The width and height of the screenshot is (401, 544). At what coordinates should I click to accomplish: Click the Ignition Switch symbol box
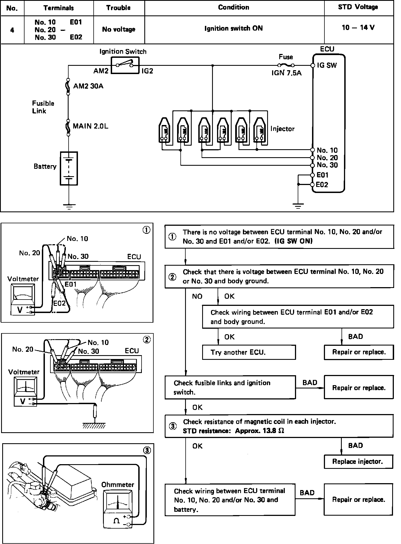click(125, 65)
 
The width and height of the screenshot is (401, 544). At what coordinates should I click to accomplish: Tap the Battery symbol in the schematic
click(69, 168)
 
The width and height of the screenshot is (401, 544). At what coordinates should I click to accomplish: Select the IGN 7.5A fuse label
click(286, 73)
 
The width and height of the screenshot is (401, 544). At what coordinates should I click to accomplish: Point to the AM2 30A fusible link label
click(88, 86)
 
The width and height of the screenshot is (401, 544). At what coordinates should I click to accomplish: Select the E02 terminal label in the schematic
click(322, 185)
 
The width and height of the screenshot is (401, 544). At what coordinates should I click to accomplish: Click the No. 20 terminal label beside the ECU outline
click(327, 158)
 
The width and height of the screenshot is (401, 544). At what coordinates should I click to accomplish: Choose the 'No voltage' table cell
click(119, 29)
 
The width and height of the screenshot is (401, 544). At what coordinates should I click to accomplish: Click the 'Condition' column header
click(234, 7)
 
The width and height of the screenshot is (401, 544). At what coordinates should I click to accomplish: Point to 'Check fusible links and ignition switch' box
click(230, 387)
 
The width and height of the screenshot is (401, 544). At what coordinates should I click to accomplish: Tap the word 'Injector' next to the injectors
click(282, 129)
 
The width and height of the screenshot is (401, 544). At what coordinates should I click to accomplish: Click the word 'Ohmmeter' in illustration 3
click(118, 485)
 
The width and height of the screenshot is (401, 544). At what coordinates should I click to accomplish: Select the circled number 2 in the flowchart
click(172, 277)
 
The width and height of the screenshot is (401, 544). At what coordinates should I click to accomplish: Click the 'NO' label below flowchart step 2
click(197, 297)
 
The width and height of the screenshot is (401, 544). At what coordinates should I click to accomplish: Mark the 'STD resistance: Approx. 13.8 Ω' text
click(233, 431)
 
